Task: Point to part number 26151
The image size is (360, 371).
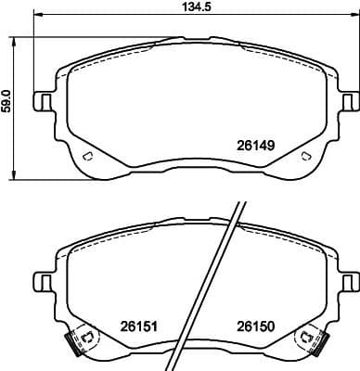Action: [136, 326]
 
